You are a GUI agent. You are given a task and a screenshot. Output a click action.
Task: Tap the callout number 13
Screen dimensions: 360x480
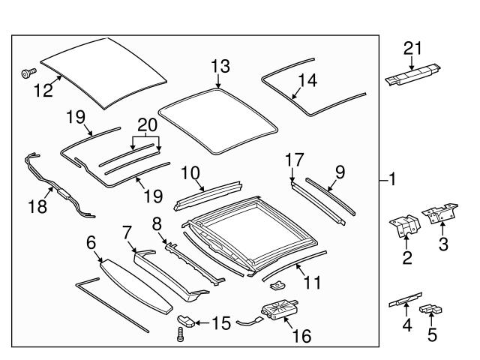(x=220, y=67)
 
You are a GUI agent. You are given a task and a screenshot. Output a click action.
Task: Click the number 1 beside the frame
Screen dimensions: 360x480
(x=393, y=180)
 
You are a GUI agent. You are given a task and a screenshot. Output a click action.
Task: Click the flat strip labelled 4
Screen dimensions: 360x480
(x=406, y=302)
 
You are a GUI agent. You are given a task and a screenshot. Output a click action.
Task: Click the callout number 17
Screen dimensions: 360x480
(x=295, y=160)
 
